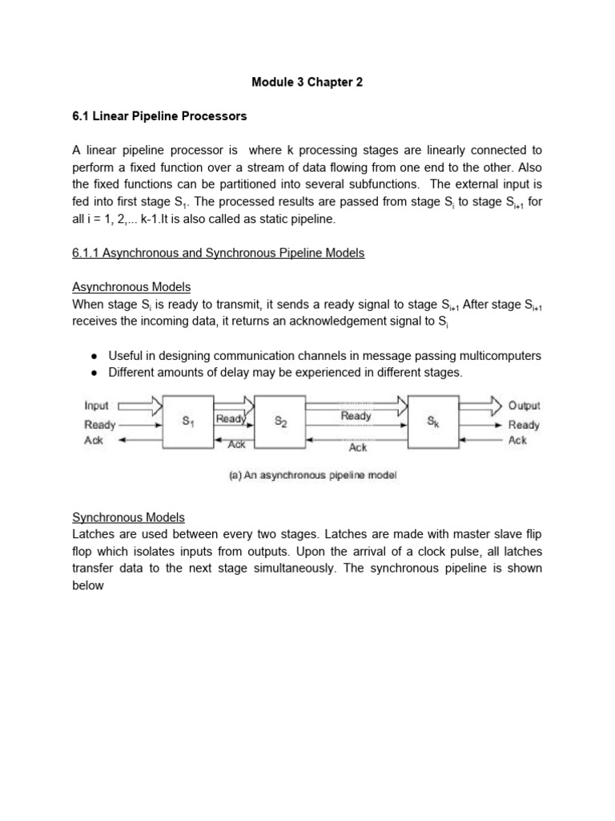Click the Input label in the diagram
point(97,406)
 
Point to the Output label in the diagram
point(524,406)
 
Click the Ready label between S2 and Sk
point(356,415)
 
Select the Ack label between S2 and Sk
point(357,447)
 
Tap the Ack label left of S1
point(94,441)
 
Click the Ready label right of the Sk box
point(524,425)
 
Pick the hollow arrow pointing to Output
point(480,406)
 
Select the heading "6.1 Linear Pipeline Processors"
point(159,116)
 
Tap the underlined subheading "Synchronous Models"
point(128,517)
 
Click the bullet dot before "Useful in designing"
point(94,355)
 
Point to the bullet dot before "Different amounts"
point(94,372)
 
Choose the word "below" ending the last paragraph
point(88,585)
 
